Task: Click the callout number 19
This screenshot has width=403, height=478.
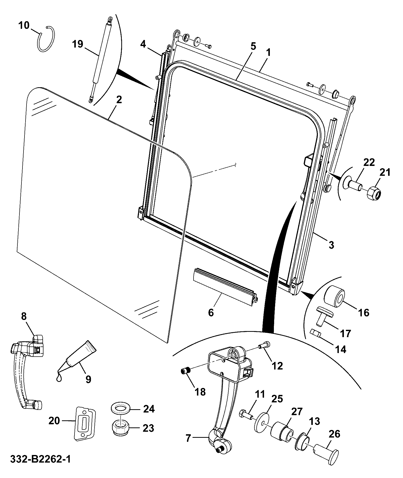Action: point(78,44)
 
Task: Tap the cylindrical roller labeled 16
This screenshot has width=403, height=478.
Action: point(334,297)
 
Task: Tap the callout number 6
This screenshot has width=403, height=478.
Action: point(211,313)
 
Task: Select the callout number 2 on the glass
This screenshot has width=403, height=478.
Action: point(119,100)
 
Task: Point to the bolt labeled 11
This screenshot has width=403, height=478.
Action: point(245,415)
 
